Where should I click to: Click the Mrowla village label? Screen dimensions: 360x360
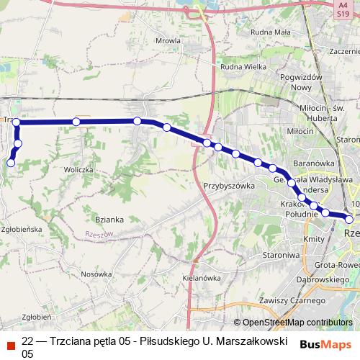pyautogui.click(x=167, y=41)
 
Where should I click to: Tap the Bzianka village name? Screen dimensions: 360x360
pyautogui.click(x=110, y=219)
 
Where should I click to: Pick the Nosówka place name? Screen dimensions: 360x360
pyautogui.click(x=96, y=274)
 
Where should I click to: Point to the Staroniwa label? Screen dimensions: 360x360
pyautogui.click(x=280, y=255)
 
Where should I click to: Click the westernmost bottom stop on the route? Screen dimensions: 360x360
pyautogui.click(x=11, y=163)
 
